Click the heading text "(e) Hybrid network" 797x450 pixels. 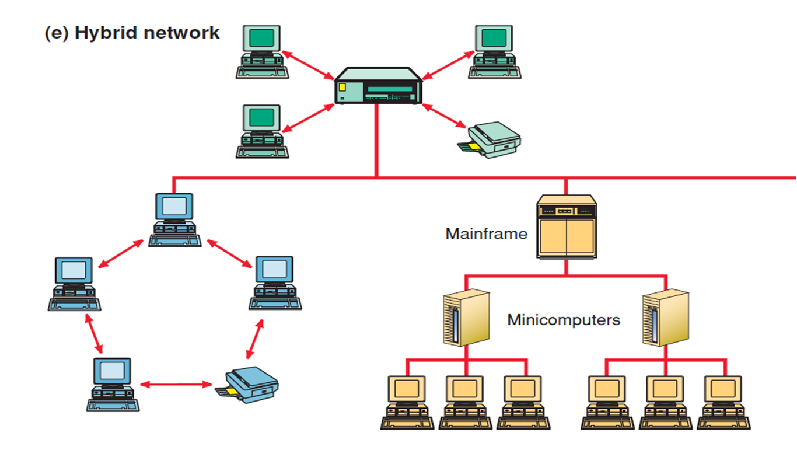point(132,33)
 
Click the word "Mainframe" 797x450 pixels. point(486,234)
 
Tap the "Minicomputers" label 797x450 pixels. point(564,320)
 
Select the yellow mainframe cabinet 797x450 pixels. point(566,227)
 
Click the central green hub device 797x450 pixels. point(378,88)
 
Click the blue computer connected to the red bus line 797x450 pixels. point(174,219)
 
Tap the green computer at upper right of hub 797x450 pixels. point(495,51)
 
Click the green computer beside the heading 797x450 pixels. point(262,51)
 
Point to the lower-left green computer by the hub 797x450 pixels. point(262,131)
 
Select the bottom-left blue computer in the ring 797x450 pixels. point(113,384)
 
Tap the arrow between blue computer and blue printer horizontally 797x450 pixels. point(176,385)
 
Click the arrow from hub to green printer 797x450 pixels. point(444,116)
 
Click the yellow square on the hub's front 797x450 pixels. point(342,88)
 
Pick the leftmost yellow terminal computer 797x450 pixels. point(408,402)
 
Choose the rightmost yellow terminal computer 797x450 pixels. point(724,402)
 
